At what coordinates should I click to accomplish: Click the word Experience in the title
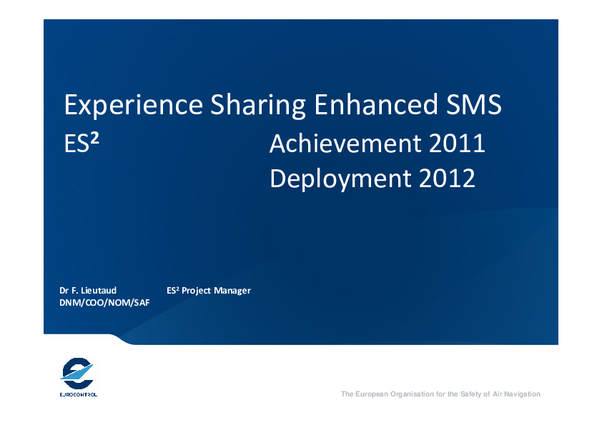[x=133, y=105]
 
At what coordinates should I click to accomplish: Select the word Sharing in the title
[x=258, y=105]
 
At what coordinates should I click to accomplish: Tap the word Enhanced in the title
[x=376, y=104]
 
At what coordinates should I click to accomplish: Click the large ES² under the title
[x=82, y=143]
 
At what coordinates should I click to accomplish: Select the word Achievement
[x=345, y=143]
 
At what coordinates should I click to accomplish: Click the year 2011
[x=457, y=143]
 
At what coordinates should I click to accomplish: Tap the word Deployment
[x=340, y=179]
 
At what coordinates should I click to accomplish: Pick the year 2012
[x=448, y=178]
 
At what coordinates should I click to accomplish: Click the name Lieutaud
[x=99, y=291]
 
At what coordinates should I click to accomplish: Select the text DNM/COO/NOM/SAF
[x=104, y=303]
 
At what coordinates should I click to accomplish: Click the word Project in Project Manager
[x=196, y=291]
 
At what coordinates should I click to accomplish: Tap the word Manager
[x=232, y=291]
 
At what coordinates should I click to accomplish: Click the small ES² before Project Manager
[x=173, y=291]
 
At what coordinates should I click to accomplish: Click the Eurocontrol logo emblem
[x=77, y=374]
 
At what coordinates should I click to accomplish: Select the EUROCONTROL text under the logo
[x=79, y=394]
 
